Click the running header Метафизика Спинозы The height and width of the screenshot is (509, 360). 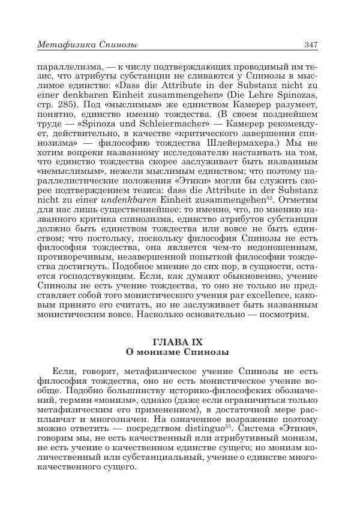pyautogui.click(x=87, y=44)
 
